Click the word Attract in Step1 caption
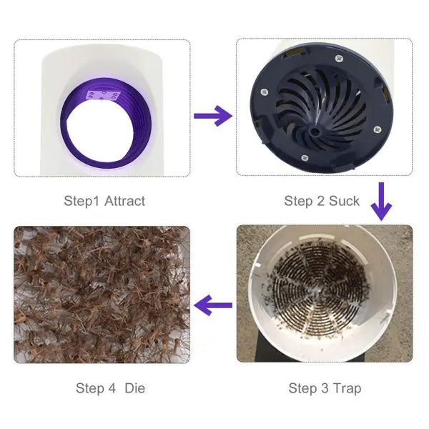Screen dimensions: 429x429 click(124, 201)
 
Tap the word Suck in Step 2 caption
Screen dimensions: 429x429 click(344, 201)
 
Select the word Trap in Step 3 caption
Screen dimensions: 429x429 click(347, 389)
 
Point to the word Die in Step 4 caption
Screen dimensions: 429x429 click(135, 388)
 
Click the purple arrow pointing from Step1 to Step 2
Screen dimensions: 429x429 click(213, 116)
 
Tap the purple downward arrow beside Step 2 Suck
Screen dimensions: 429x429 click(381, 202)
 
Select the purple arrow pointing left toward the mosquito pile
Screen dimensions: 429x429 click(213, 305)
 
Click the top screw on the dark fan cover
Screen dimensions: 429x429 click(339, 59)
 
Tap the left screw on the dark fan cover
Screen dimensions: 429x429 click(265, 92)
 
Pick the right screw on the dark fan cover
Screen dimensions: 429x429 click(378, 129)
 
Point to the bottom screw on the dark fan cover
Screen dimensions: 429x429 click(305, 158)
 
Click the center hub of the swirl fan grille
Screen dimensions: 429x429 click(315, 132)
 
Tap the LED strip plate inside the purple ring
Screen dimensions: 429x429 click(103, 96)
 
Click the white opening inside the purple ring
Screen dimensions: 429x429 click(100, 129)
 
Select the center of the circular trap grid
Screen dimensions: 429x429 click(318, 290)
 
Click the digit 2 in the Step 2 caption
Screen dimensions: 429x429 click(320, 201)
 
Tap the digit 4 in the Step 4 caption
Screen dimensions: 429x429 click(112, 388)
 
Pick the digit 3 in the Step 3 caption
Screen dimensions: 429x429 click(325, 388)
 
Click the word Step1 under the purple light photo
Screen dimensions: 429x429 click(82, 202)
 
